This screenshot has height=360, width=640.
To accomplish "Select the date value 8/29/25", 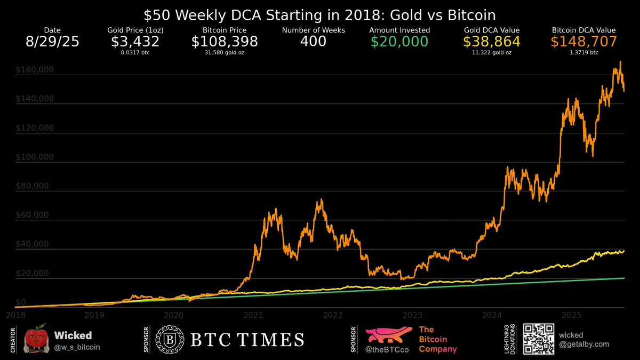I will [52, 42].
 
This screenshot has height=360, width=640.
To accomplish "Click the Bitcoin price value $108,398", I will [225, 42].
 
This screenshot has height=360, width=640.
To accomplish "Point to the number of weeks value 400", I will [314, 42].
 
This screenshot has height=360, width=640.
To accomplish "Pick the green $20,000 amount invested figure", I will [399, 42].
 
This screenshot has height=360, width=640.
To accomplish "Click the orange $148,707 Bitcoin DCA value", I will [583, 42].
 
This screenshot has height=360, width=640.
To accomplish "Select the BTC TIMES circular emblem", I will [166, 340].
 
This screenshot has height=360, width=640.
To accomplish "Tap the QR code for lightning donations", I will [537, 339].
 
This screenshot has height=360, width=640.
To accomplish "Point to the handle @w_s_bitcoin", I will [77, 347].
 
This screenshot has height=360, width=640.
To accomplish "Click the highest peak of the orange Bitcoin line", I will [620, 62].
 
